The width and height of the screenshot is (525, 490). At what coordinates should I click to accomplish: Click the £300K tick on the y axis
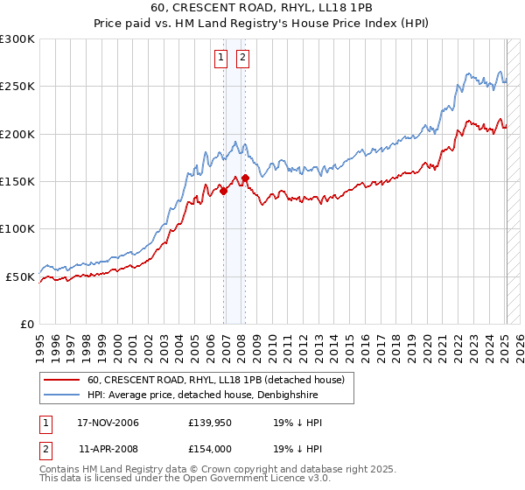17,39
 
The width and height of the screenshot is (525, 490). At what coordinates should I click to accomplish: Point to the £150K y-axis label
17,182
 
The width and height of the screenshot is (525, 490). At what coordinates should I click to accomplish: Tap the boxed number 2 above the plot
242,59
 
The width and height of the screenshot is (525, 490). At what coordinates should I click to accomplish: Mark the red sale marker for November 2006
224,191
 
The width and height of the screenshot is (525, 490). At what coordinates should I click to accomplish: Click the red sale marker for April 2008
246,178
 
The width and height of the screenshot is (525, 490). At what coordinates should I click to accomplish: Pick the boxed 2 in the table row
45,448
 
